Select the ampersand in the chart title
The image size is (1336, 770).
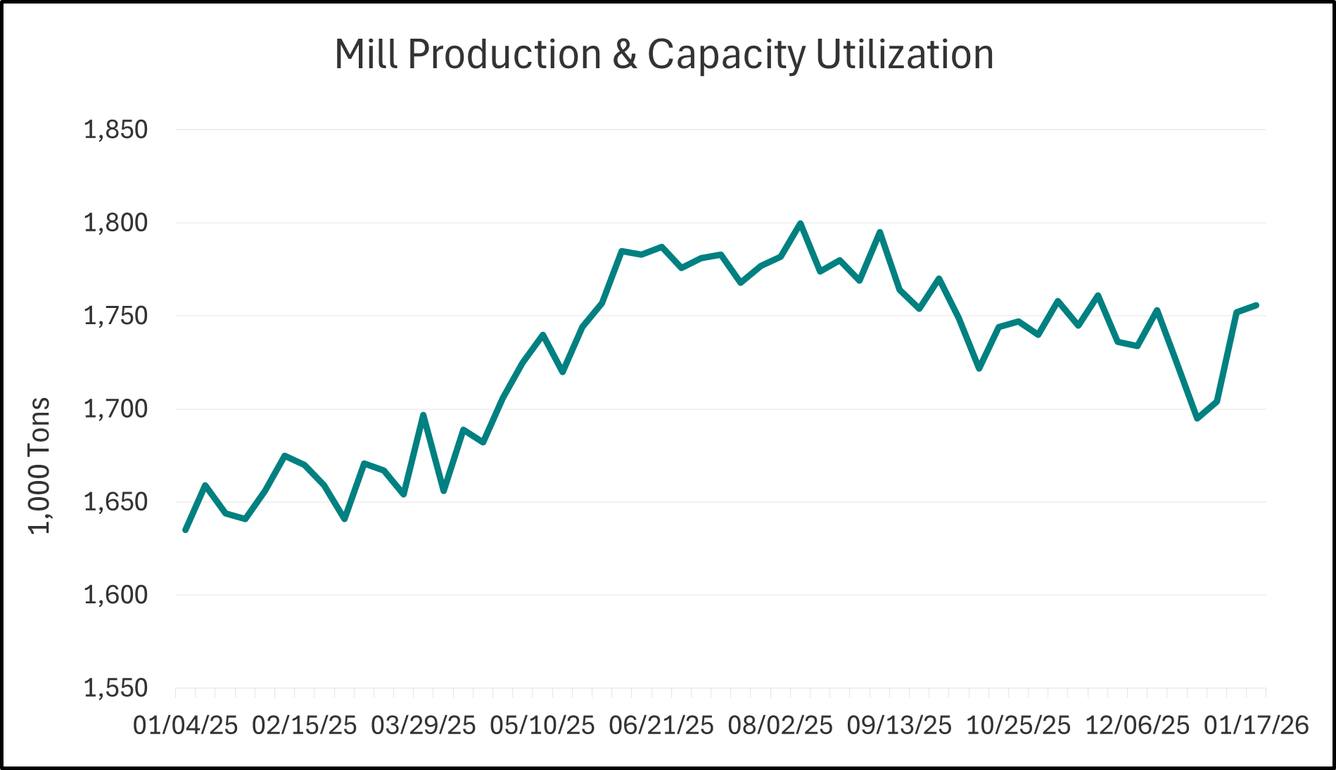point(623,54)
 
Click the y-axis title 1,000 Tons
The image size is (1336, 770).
point(40,466)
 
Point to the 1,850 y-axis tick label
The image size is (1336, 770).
point(115,130)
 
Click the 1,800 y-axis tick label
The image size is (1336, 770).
point(115,223)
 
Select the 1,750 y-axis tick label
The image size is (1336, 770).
point(115,316)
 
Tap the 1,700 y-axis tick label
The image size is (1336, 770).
point(115,409)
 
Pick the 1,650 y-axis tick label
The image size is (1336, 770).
point(115,502)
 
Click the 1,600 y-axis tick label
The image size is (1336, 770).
point(115,595)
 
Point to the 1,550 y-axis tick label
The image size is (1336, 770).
point(115,688)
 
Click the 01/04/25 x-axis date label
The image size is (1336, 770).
point(186,725)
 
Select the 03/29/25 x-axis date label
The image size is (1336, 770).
point(424,725)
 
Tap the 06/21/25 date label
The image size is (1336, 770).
point(661,725)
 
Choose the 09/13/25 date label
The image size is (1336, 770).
point(899,725)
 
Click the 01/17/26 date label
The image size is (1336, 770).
point(1257,725)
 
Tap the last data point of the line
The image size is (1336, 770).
point(1257,305)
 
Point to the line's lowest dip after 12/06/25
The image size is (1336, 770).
point(1197,418)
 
